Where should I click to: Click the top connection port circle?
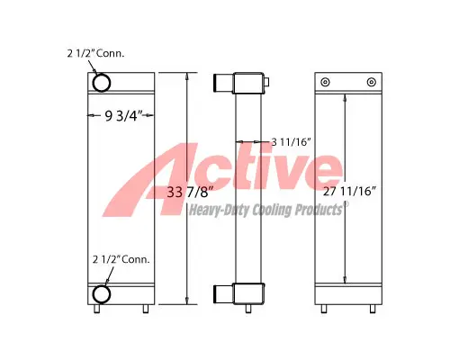(101, 84)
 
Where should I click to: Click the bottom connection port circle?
(101, 292)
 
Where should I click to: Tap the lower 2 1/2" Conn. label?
(120, 259)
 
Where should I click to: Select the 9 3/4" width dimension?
(121, 114)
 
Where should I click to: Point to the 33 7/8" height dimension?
(188, 191)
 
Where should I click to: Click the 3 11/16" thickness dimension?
(290, 141)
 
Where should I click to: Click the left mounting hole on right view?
(325, 83)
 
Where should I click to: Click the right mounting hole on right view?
(370, 83)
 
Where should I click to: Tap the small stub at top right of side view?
(267, 84)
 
